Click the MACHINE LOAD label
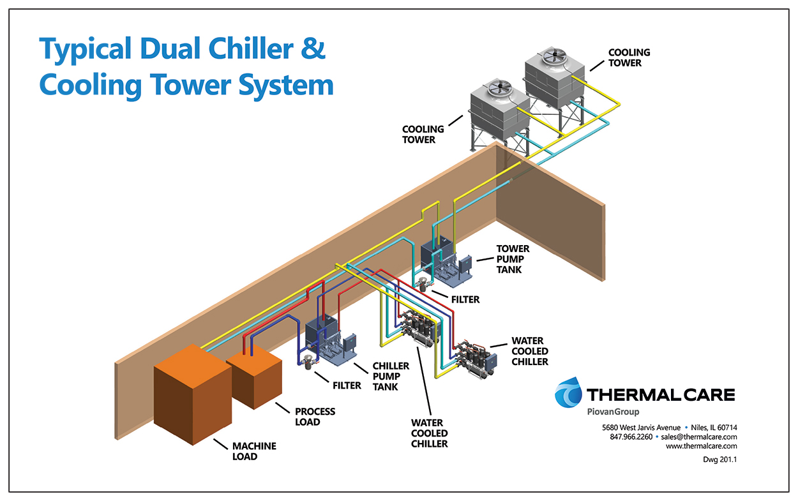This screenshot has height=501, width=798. (254, 451)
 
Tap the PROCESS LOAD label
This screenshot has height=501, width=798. (315, 417)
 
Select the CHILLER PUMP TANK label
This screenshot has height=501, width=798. (391, 377)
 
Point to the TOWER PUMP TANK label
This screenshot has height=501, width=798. (513, 259)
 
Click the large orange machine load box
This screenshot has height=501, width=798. (193, 394)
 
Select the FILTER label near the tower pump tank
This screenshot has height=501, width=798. (465, 300)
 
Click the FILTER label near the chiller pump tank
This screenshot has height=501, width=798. (347, 385)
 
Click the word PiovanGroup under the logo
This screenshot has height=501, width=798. (613, 412)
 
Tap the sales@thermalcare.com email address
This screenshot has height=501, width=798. (699, 437)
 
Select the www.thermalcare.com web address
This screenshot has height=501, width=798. (702, 446)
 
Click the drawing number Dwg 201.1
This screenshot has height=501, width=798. (719, 460)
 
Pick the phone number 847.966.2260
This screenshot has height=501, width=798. (631, 437)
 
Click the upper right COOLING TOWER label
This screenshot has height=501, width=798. (629, 57)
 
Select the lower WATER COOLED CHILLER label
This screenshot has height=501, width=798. (429, 433)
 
